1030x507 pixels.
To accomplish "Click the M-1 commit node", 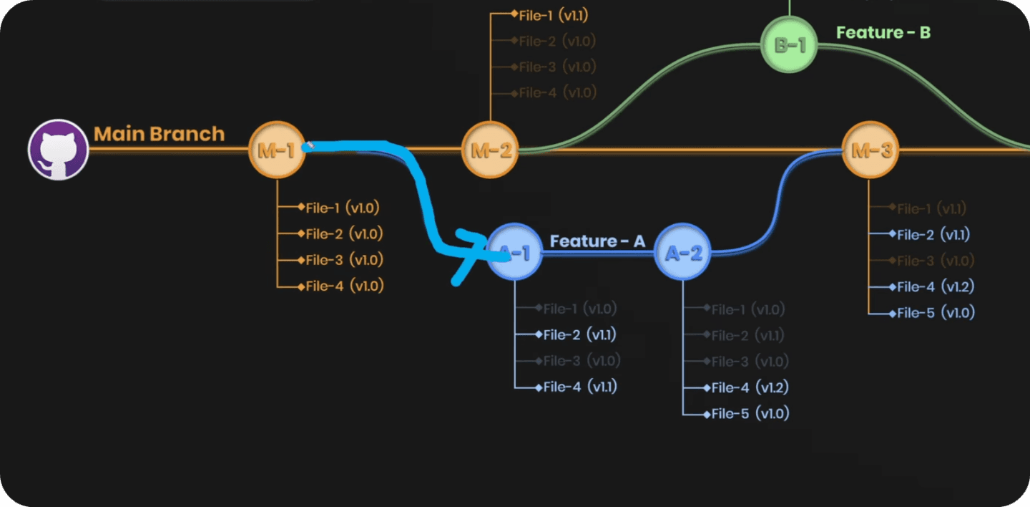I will coord(277,150).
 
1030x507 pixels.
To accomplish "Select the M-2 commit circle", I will coord(490,150).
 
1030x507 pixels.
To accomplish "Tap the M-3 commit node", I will coord(870,150).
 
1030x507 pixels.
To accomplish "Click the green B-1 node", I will coord(789,45).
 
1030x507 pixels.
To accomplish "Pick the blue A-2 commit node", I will coord(683,253).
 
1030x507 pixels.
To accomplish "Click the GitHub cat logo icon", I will coord(58,150).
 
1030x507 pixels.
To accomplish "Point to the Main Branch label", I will coord(159,134).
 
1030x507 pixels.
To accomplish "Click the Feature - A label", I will coord(597,241).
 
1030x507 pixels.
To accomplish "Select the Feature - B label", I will coord(883,32).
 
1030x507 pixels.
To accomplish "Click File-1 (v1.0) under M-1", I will coord(342,208).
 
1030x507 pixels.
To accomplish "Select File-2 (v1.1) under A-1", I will coord(579,334).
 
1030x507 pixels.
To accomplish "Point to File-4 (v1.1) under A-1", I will coord(579,387).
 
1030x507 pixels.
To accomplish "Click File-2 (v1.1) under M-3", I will coord(933,234).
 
